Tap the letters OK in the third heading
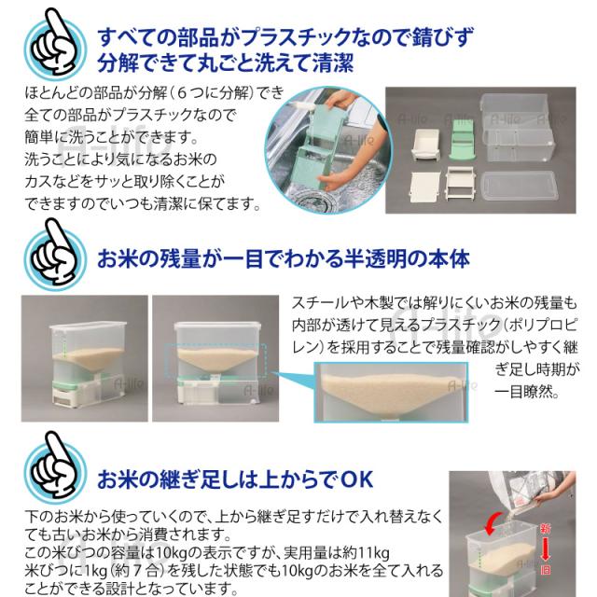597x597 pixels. point(355,479)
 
